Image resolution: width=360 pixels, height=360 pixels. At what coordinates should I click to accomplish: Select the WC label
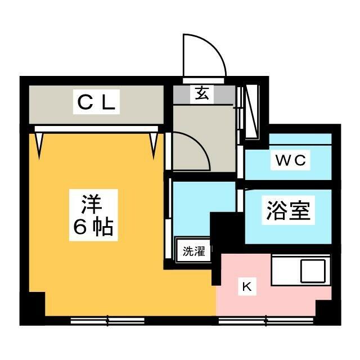tap(290, 160)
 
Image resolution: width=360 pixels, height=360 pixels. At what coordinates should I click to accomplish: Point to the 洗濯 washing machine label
tap(193, 251)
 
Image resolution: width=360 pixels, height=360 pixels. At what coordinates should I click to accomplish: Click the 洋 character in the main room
tap(92, 201)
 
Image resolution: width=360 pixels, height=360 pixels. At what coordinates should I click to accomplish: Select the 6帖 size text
tap(92, 227)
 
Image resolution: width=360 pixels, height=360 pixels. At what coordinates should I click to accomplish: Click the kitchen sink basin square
tap(313, 271)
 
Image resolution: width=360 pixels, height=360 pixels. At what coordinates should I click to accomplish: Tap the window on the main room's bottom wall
tap(107, 321)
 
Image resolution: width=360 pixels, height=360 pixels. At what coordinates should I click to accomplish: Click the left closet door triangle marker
tap(39, 143)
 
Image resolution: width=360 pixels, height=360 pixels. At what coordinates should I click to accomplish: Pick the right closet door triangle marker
tap(154, 143)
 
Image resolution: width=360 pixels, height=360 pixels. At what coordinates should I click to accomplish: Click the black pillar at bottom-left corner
tap(35, 308)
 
